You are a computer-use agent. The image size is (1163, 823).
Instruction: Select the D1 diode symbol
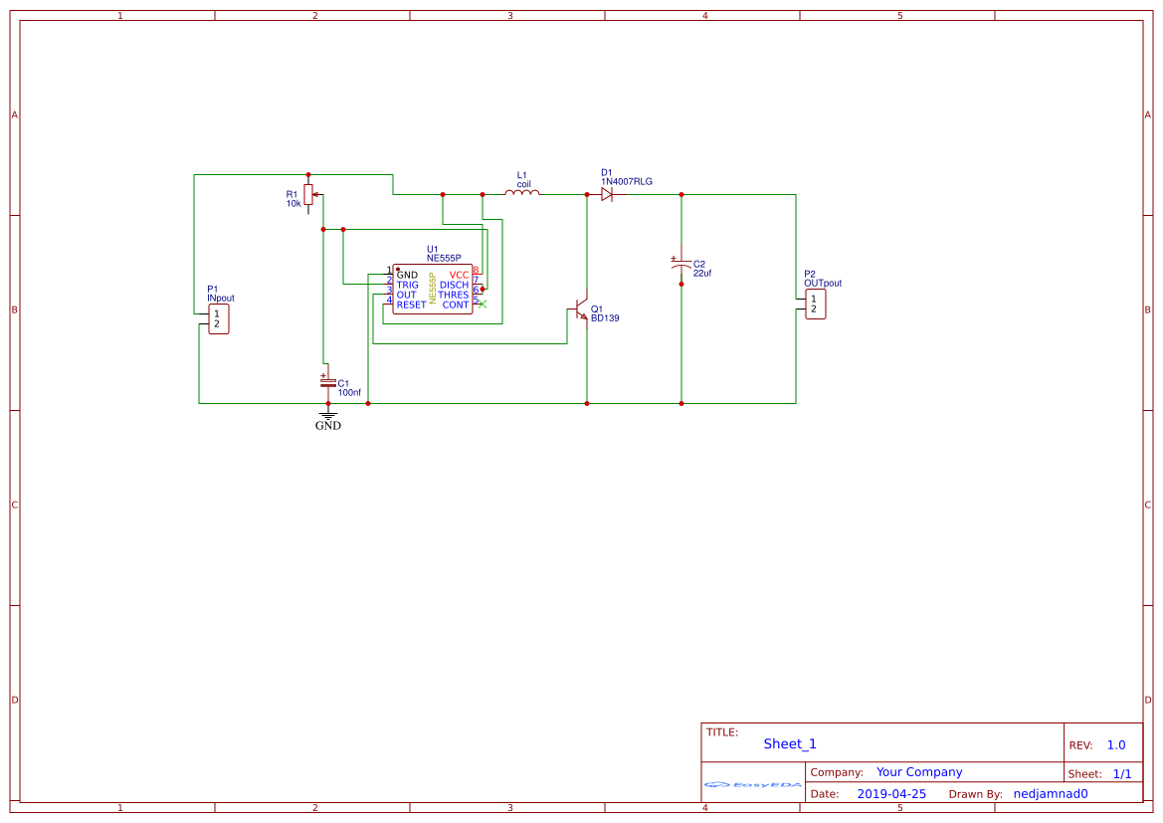click(607, 194)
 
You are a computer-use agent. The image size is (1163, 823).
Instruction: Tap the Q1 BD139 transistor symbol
click(581, 311)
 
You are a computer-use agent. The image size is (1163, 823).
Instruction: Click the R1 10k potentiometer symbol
click(308, 194)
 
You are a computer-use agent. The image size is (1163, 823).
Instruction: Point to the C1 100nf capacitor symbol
click(327, 382)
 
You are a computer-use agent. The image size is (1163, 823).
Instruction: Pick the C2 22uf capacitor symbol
click(680, 266)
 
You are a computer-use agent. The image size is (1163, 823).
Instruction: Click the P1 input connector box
click(219, 318)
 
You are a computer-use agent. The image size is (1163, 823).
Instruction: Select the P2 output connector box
click(815, 304)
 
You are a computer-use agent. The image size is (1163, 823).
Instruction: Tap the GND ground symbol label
click(327, 426)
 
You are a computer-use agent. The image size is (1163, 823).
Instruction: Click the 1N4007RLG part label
click(627, 181)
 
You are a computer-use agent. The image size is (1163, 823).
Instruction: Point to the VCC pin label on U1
click(459, 275)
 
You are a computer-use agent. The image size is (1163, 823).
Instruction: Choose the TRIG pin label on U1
click(407, 285)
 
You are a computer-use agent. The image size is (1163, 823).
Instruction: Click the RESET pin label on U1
click(411, 305)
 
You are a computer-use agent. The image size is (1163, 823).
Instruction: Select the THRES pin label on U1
click(454, 295)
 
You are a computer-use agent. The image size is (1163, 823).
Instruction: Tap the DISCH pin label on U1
click(454, 285)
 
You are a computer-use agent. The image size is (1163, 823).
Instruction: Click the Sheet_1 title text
click(790, 743)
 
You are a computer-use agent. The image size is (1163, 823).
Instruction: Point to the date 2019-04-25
click(891, 794)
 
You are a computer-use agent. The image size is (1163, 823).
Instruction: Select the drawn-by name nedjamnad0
click(1051, 794)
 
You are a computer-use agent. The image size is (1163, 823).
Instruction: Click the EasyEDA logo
click(753, 785)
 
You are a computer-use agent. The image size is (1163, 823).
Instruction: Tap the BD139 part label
click(605, 319)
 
